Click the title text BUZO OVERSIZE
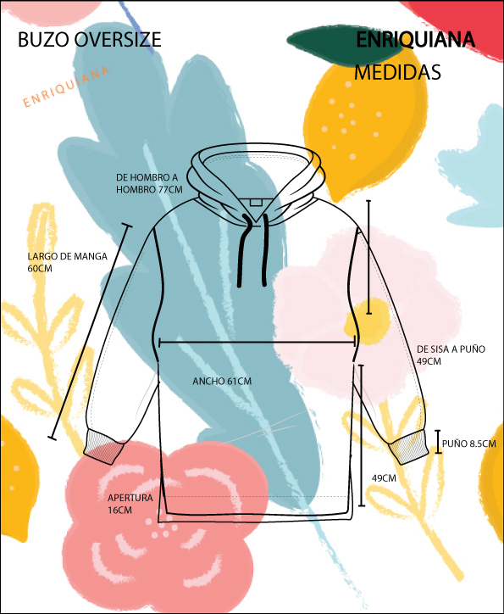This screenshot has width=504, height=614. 90,40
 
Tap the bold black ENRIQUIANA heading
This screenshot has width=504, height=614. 416,40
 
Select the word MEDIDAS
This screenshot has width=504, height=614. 397,72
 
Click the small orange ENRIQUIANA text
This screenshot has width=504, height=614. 66,87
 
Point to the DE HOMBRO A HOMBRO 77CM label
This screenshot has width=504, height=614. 149,183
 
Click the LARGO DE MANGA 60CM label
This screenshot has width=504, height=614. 67,262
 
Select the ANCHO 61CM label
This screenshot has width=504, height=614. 222,381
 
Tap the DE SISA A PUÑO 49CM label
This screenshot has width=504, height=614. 451,354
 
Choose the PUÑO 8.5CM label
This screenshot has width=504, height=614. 469,444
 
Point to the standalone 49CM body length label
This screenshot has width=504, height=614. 384,478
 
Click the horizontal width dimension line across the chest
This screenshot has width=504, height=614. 258,343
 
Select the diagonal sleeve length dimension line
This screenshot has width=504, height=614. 90,332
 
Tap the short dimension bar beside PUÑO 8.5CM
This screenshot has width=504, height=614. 438,442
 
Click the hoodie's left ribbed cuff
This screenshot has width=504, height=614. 102,447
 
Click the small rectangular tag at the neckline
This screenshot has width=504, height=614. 255,202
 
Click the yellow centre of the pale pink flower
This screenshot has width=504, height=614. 367,321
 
